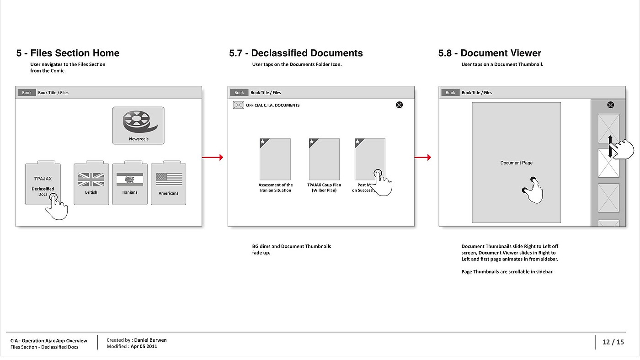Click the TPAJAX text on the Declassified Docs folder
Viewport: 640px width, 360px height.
pos(43,179)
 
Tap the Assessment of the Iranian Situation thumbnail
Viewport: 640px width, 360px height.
pos(275,159)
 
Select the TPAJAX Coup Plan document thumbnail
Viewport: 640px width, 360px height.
pos(324,159)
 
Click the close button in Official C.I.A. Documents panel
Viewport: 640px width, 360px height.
pos(399,105)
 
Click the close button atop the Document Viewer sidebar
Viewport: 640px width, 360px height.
pos(610,105)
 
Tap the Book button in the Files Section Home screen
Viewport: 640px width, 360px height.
pos(27,93)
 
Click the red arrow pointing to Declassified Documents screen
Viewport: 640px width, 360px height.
pos(213,158)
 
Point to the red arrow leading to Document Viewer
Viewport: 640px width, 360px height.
pos(423,158)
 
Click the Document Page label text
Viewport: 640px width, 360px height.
pos(516,163)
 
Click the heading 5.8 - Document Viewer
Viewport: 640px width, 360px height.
pos(490,53)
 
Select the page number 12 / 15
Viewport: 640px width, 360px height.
pos(613,342)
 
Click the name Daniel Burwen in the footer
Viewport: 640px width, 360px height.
pos(150,340)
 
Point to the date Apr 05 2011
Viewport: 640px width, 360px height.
pos(144,346)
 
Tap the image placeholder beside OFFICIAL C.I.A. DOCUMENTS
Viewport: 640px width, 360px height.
pos(239,105)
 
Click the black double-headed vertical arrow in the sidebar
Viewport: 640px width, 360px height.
pos(610,146)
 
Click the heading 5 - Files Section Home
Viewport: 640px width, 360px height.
pos(68,53)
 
